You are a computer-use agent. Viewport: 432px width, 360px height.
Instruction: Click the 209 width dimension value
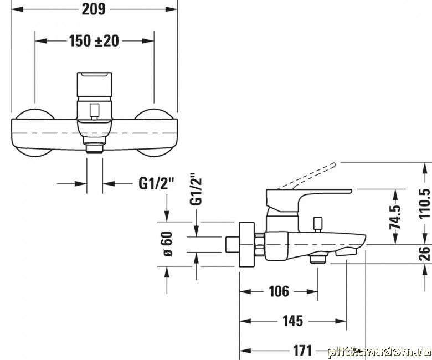coord(94,9)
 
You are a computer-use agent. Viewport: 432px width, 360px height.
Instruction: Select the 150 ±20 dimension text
coord(94,41)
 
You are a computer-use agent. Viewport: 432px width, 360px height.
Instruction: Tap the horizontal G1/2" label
coord(157,183)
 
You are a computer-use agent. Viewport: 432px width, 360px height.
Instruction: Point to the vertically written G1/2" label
coord(196,189)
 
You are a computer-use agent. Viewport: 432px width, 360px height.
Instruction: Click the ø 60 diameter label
coord(167,244)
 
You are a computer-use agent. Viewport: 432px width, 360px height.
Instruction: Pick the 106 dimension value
coord(279,291)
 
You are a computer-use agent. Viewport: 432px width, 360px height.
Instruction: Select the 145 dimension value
coord(292,321)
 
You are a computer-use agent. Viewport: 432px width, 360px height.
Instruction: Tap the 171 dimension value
coord(302,351)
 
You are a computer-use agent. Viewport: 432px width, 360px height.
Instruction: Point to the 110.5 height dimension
coord(424,204)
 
